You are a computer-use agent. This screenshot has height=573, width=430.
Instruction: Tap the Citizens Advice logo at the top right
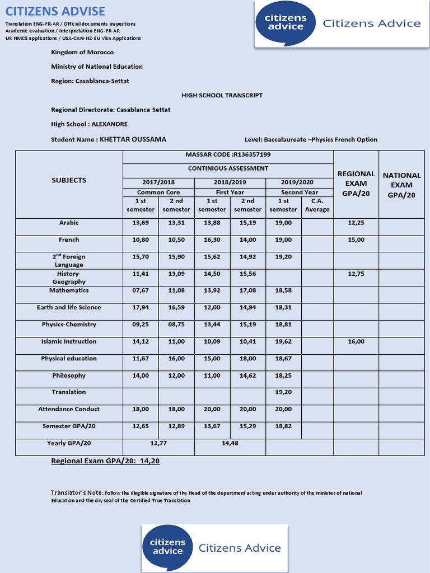point(342,24)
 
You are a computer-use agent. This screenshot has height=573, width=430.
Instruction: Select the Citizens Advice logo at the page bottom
point(215,548)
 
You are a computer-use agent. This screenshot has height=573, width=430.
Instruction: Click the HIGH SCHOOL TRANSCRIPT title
point(222,95)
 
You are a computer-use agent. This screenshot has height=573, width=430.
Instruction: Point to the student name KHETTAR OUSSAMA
point(133,139)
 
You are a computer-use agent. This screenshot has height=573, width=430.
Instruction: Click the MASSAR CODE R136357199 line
point(228,154)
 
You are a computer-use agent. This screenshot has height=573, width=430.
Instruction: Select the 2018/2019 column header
point(230,182)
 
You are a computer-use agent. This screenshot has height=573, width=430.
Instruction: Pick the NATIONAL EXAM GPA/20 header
point(401,185)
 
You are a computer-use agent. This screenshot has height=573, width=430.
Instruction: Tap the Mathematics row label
point(69,290)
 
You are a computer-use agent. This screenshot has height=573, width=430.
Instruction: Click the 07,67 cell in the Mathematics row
point(141,290)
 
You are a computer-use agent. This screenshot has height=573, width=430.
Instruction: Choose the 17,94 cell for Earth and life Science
point(141,307)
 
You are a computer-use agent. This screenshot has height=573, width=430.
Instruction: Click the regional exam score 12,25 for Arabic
point(356,223)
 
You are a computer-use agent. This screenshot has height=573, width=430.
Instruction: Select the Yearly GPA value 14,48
point(230,443)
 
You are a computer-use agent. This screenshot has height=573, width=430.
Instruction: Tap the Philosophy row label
point(69,375)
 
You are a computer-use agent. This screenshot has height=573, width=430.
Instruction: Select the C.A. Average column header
point(317,205)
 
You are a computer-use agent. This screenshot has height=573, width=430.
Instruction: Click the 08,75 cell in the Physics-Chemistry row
point(176,325)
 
